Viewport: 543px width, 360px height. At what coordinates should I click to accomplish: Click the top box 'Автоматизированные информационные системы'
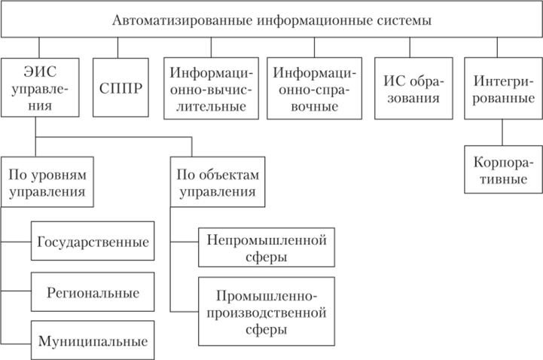[271, 20]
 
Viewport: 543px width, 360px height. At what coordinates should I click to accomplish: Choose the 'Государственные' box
[93, 243]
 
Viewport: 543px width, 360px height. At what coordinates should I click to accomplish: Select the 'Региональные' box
[93, 291]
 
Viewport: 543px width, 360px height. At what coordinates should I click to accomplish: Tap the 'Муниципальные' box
[93, 340]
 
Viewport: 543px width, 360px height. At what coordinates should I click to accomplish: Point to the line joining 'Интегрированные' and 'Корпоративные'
[502, 134]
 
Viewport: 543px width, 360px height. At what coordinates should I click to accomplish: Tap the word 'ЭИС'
[35, 74]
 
